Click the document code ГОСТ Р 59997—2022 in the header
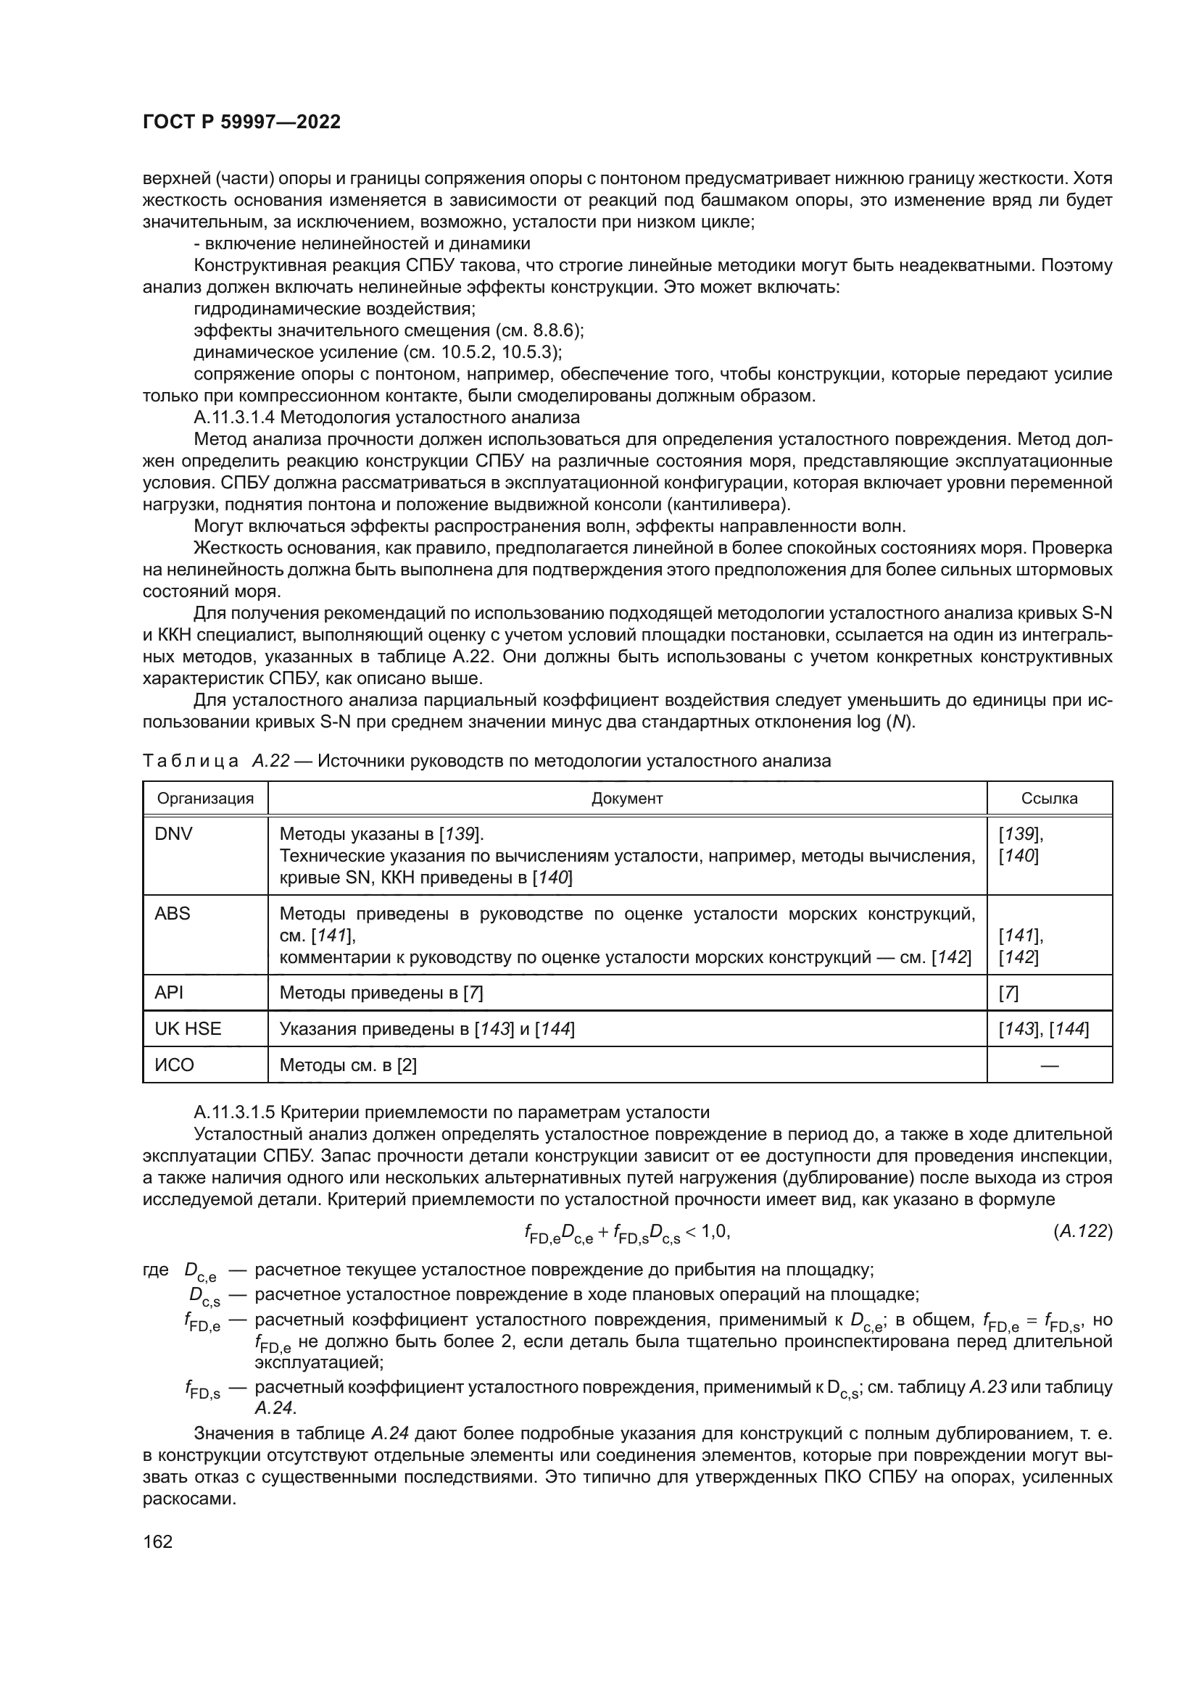pyautogui.click(x=241, y=122)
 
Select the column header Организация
pyautogui.click(x=205, y=798)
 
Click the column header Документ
pyautogui.click(x=627, y=798)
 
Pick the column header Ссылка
pyautogui.click(x=1048, y=798)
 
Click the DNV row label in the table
pyautogui.click(x=173, y=834)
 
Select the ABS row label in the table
pyautogui.click(x=172, y=913)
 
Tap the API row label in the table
pyautogui.click(x=168, y=993)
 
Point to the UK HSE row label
pyautogui.click(x=188, y=1028)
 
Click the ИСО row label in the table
pyautogui.click(x=174, y=1065)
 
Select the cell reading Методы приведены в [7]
pyautogui.click(x=381, y=993)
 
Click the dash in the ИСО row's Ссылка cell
pyautogui.click(x=1048, y=1065)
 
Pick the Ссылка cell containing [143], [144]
pyautogui.click(x=1043, y=1028)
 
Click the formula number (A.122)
pyautogui.click(x=1082, y=1230)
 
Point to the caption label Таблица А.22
pyautogui.click(x=215, y=760)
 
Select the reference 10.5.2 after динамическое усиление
pyautogui.click(x=485, y=351)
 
